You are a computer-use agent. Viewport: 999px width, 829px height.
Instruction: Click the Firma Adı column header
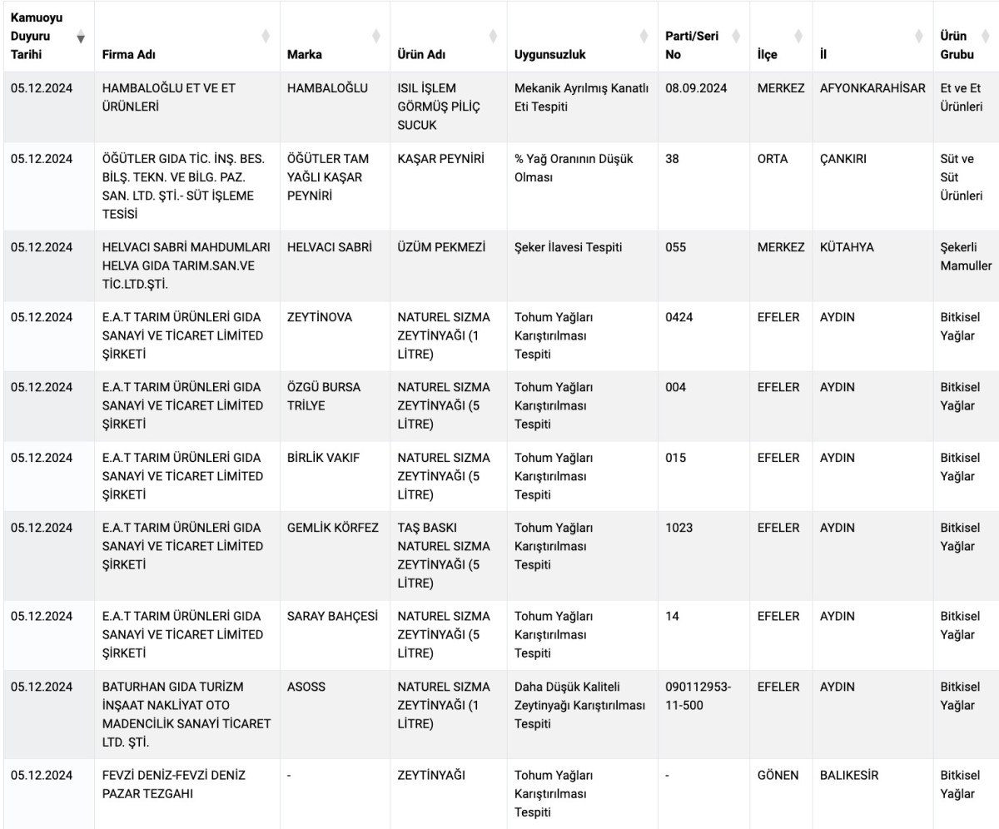coord(128,54)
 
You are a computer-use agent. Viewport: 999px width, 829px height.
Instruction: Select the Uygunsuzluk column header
coord(549,54)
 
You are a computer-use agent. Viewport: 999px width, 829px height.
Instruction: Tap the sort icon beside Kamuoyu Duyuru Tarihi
coord(81,37)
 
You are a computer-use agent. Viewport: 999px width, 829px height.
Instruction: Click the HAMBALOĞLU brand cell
coord(326,88)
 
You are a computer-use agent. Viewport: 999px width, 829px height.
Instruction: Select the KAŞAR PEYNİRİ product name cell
coord(440,159)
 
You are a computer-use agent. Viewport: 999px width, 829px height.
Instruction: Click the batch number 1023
coord(678,528)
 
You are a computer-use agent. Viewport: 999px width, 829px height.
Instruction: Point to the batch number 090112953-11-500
coord(698,696)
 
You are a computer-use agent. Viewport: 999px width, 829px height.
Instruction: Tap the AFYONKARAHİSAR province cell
coord(872,88)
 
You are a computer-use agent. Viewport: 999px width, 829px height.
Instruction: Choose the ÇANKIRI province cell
coord(842,159)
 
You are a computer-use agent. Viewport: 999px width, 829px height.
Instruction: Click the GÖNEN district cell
coord(778,775)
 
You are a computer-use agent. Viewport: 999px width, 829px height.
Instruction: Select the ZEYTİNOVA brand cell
coord(320,317)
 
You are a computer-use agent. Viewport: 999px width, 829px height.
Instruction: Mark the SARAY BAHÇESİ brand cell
coord(332,616)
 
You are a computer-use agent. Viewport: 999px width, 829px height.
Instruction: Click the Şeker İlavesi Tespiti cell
coord(568,247)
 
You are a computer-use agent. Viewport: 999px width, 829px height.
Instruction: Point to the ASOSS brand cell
coord(306,687)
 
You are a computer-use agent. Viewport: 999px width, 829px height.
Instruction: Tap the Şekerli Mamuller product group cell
coord(966,256)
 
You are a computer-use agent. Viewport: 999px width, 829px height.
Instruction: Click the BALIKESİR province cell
coord(848,775)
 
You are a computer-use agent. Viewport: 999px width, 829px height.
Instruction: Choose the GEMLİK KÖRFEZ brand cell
coord(332,528)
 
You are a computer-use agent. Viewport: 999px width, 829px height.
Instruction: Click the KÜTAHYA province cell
coord(847,247)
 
